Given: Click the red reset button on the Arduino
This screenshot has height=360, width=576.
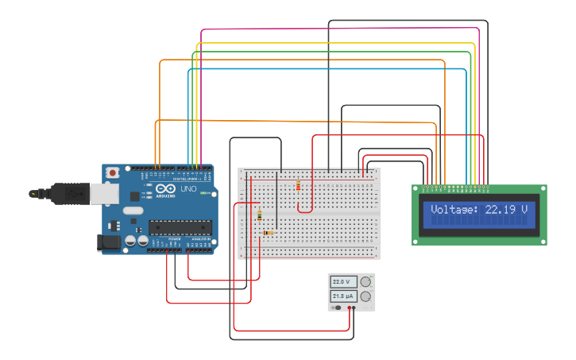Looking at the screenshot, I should tap(114, 172).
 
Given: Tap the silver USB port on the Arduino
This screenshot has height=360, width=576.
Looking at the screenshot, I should tap(101, 192).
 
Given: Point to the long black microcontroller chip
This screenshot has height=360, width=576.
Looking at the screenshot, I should tap(180, 228).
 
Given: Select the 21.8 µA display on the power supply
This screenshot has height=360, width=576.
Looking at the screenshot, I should tap(344, 296).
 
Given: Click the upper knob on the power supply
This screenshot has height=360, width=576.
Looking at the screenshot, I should tap(365, 281).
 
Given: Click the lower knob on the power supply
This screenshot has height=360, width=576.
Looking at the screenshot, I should tap(365, 296).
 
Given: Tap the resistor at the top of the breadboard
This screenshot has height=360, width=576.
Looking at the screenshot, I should tap(298, 186).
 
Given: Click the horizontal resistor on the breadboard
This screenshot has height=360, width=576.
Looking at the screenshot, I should tap(268, 233).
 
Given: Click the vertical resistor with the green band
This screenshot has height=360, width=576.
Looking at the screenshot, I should tap(259, 215).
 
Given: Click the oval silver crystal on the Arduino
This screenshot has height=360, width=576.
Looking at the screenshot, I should tap(132, 211).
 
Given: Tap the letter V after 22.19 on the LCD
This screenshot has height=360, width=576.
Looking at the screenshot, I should tap(524, 210).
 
